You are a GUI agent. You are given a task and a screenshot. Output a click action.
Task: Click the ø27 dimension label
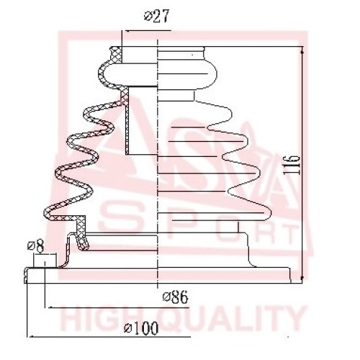[157, 16]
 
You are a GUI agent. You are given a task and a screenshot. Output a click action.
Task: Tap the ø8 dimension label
[36, 246]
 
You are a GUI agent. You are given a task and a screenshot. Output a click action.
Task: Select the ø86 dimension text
[176, 297]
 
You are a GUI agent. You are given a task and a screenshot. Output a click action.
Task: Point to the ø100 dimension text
[141, 328]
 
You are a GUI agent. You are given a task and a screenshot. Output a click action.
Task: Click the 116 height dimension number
[292, 165]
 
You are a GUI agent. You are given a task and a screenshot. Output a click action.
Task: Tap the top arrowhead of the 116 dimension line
[302, 50]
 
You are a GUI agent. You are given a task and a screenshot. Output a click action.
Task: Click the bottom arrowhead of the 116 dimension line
[302, 279]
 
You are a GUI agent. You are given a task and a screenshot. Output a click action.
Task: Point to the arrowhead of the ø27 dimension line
[127, 31]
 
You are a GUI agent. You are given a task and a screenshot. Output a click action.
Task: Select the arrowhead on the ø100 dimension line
[31, 336]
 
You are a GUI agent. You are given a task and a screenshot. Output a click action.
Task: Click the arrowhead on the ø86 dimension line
[49, 307]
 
